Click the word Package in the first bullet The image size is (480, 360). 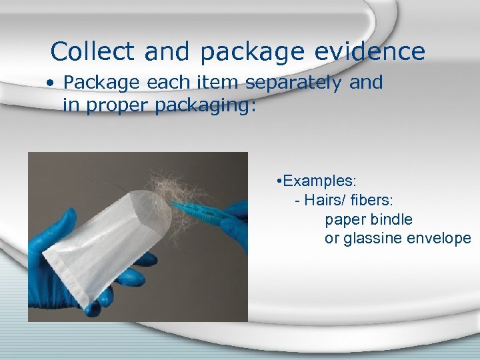click(x=100, y=83)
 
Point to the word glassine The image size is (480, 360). click(x=373, y=239)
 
